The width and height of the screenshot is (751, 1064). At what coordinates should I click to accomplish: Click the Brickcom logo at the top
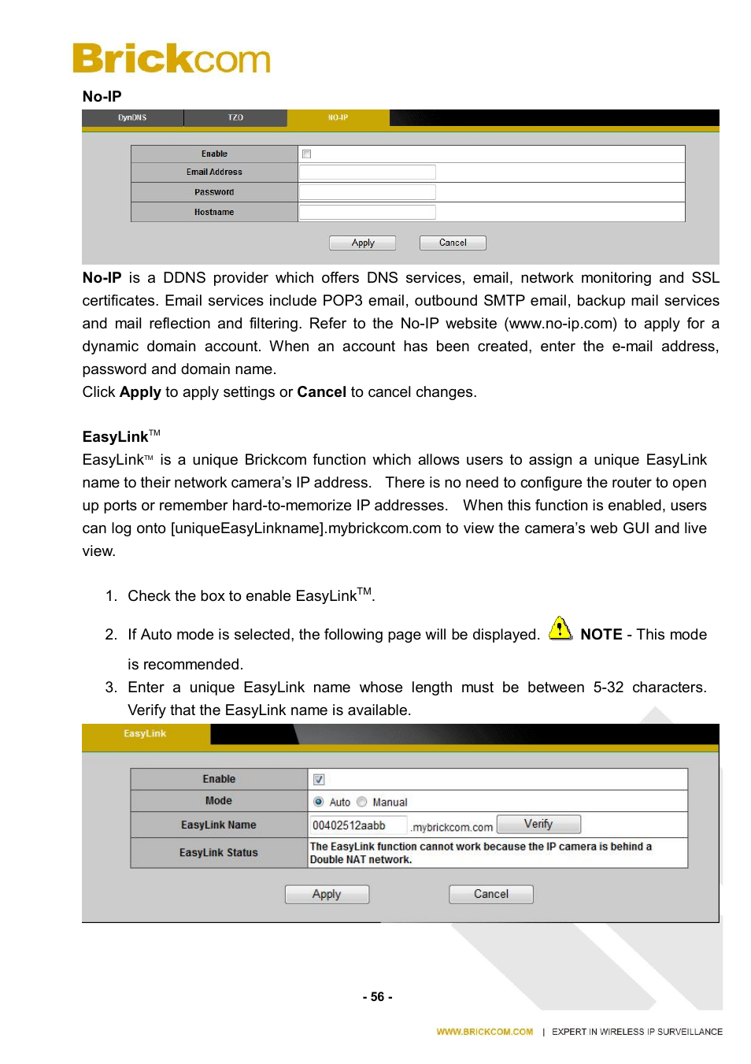tap(172, 58)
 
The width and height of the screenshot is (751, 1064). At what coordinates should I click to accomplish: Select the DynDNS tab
tap(132, 117)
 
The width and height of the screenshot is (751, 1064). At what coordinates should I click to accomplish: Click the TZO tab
tap(235, 117)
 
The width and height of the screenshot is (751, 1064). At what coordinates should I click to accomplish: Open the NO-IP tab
tap(338, 117)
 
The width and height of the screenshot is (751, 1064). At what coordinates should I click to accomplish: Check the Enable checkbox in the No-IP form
tap(307, 154)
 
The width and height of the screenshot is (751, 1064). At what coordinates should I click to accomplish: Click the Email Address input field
tap(367, 172)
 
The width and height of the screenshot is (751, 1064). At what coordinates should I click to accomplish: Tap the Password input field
tap(367, 192)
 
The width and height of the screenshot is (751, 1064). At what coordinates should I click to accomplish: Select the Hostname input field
tap(367, 212)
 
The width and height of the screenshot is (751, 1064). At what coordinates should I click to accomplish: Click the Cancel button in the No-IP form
tap(453, 243)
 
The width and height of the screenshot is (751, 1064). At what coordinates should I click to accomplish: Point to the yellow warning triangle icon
tap(560, 628)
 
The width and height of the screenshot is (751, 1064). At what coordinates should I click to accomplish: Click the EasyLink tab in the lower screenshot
tap(145, 734)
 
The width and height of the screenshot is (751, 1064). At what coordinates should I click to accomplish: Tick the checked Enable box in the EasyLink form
tap(319, 779)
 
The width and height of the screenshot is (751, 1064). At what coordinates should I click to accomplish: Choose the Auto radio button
tap(319, 802)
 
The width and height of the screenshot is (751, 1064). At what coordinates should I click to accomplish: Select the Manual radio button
tap(362, 802)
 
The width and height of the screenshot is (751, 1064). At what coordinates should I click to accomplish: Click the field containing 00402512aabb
tap(358, 825)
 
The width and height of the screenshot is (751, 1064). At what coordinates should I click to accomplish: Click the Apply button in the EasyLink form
tap(327, 894)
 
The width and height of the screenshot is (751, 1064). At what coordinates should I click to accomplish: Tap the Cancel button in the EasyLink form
tap(491, 894)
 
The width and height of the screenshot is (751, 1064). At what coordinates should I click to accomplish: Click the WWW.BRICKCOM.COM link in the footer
tap(485, 1032)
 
